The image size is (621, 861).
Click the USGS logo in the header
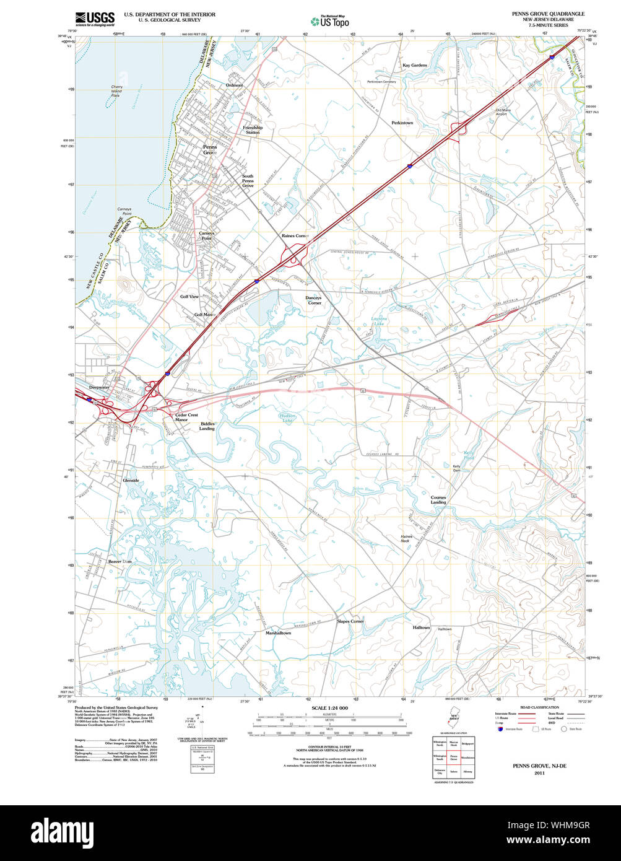[x=95, y=19]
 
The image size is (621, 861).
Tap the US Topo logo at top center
[x=330, y=21]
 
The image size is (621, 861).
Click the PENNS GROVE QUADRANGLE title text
[x=547, y=14]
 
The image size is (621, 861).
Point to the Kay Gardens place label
[x=414, y=65]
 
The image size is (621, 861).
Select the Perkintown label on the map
[x=402, y=123]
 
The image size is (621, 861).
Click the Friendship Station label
[x=253, y=130]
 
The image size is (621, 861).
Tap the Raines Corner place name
[x=295, y=236]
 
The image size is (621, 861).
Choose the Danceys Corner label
[x=313, y=300]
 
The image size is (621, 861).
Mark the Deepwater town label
[x=99, y=387]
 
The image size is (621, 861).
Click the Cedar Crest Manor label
[x=186, y=417]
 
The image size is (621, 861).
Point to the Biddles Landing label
[x=207, y=426]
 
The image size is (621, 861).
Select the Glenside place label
[x=131, y=481]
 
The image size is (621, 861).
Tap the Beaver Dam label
[x=120, y=561]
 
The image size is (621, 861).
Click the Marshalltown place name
[x=278, y=633]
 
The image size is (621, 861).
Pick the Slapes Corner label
[x=350, y=621]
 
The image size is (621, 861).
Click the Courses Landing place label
[x=438, y=500]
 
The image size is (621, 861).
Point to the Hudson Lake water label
[x=288, y=418]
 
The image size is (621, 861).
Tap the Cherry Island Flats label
[x=116, y=91]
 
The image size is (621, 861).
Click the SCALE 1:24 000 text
[x=329, y=708]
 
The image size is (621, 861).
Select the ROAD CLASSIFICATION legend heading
[x=539, y=707]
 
